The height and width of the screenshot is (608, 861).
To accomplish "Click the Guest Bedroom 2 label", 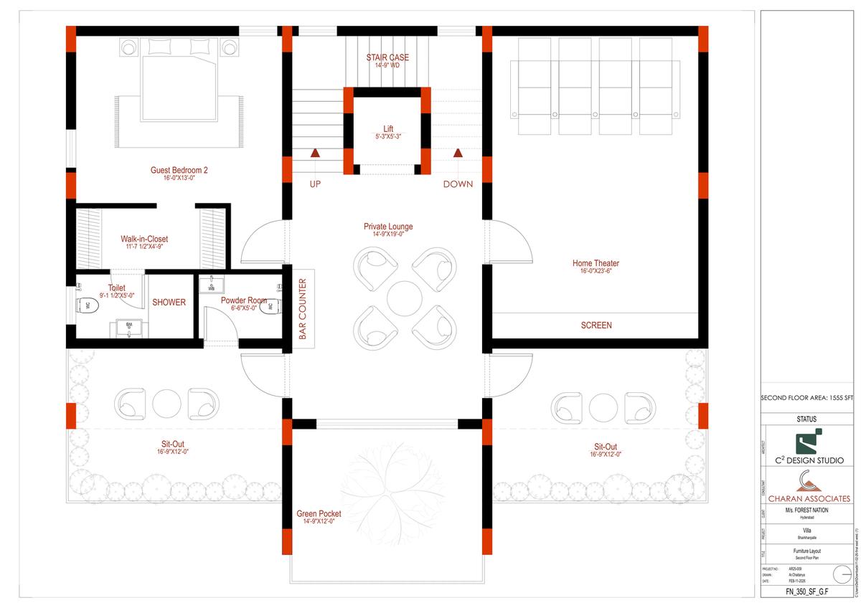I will (179, 171).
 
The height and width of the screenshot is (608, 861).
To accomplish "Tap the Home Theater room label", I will (596, 264).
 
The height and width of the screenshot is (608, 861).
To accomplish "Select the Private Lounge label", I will (388, 227).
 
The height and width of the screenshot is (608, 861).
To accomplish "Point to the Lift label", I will (388, 129).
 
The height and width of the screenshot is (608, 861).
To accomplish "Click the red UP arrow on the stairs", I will (315, 153).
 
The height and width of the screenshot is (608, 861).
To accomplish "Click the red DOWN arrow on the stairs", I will (458, 153).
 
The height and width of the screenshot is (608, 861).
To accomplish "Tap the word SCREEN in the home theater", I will (596, 326).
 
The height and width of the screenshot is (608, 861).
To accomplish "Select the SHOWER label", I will (169, 303).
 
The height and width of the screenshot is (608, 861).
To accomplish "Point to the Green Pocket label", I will (319, 514).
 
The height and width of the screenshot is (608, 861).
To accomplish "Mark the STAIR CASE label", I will (387, 58).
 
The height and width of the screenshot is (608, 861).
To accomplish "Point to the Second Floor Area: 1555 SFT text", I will (808, 398).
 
